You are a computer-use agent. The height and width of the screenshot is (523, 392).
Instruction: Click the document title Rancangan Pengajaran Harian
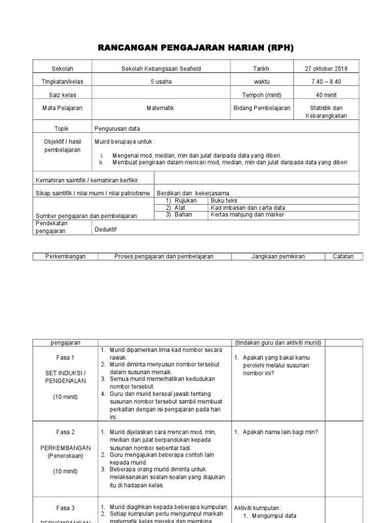click(x=195, y=48)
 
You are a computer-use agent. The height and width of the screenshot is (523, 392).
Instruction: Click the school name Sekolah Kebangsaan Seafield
click(x=161, y=68)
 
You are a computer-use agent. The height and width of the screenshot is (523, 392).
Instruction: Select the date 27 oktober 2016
click(x=327, y=68)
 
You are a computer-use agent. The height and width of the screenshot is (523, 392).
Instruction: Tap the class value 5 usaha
click(x=161, y=82)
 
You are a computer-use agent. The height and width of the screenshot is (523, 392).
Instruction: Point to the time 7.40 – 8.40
click(x=327, y=82)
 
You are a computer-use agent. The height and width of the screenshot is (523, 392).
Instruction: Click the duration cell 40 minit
click(x=327, y=95)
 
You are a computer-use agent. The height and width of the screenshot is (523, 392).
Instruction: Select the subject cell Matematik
click(x=161, y=108)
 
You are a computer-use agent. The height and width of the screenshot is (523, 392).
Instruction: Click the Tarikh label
click(x=261, y=68)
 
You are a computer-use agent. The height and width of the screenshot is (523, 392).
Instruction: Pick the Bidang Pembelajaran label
click(x=262, y=108)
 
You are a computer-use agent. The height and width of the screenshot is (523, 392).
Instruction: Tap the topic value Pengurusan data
click(x=117, y=129)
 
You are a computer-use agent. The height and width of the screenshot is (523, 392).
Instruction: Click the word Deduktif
click(x=106, y=230)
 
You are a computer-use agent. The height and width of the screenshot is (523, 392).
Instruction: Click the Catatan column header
click(x=344, y=256)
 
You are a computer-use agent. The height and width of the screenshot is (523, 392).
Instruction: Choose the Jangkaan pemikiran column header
click(x=278, y=256)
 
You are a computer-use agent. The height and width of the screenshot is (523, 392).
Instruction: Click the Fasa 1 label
click(x=65, y=358)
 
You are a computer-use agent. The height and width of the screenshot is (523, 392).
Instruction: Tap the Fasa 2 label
click(x=65, y=432)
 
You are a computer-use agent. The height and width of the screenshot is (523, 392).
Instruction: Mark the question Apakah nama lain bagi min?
click(x=276, y=432)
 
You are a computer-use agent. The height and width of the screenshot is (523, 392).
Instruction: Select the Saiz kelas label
click(x=63, y=95)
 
